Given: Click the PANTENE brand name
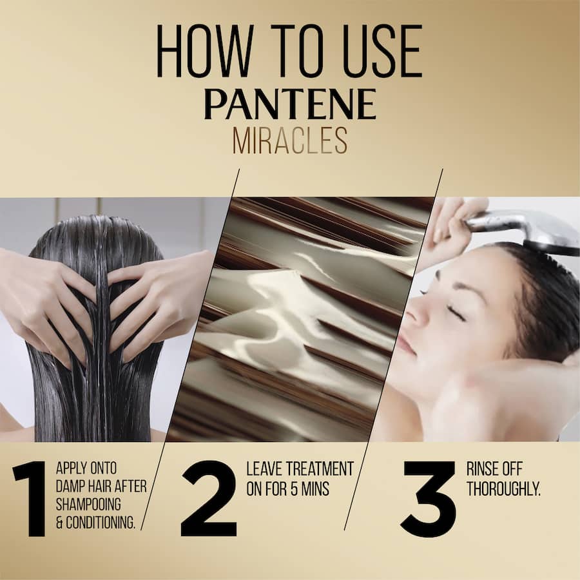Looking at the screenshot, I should pyautogui.click(x=290, y=104).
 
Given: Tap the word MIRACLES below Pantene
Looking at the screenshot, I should pyautogui.click(x=290, y=140).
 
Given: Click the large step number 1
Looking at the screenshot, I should pyautogui.click(x=30, y=499).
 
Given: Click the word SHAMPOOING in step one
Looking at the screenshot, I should pyautogui.click(x=88, y=504).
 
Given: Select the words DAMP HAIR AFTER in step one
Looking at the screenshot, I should pyautogui.click(x=101, y=486).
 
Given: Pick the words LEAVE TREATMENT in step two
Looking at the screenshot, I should pyautogui.click(x=300, y=469).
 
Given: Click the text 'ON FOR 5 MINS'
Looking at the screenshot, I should pyautogui.click(x=287, y=488).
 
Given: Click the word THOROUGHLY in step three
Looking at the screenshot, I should pyautogui.click(x=503, y=488).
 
